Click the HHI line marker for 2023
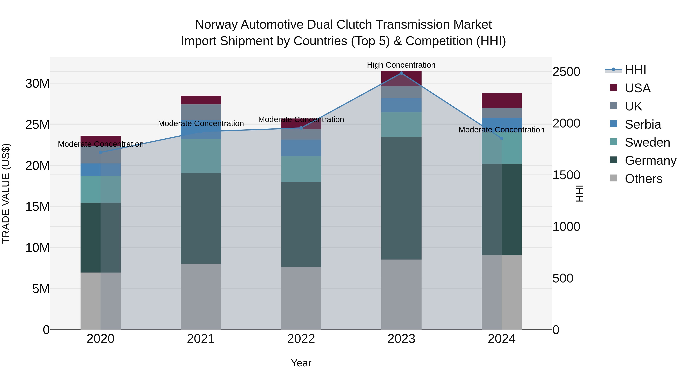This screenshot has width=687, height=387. pos(401,73)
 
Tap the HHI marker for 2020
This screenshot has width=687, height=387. pos(101,153)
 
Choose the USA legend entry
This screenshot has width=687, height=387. pos(637,88)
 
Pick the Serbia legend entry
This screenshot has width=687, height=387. pos(643,124)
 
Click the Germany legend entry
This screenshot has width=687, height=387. pos(650,161)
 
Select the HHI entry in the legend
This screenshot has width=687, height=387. pos(635,70)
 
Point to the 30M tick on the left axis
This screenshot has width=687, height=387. pos(37,84)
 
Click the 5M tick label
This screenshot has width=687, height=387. pos(41,289)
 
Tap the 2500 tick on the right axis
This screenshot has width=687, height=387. pos(566,72)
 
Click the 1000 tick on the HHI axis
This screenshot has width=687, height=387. pos(566,226)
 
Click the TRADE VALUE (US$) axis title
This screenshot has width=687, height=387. pos(6,193)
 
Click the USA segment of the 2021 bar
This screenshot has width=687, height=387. pos(201,100)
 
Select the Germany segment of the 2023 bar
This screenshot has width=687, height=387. pos(401,198)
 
